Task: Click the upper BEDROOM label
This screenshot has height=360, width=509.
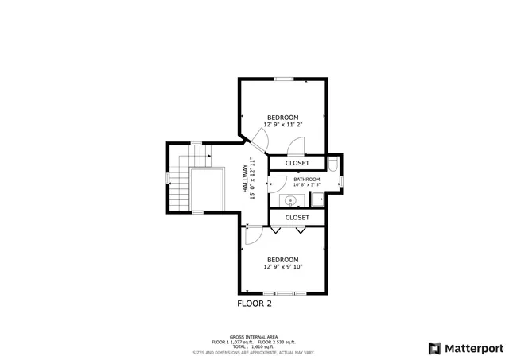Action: pyautogui.click(x=282, y=118)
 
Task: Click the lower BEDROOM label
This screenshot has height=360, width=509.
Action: pyautogui.click(x=282, y=260)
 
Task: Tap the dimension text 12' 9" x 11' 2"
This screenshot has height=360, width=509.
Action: pyautogui.click(x=282, y=125)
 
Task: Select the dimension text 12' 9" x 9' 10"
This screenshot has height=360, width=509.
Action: pyautogui.click(x=282, y=267)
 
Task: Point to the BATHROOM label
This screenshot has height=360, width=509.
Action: pyautogui.click(x=306, y=180)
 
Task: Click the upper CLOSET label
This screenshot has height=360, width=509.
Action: pyautogui.click(x=297, y=163)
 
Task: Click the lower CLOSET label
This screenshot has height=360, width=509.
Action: pyautogui.click(x=297, y=217)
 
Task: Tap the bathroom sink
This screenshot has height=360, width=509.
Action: pyautogui.click(x=290, y=200)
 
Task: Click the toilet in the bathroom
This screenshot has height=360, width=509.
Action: pyautogui.click(x=335, y=164)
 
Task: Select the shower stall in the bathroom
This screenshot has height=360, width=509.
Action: pyautogui.click(x=317, y=199)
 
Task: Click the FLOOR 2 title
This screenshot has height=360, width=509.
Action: pyautogui.click(x=254, y=304)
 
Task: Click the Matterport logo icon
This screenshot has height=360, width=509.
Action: pyautogui.click(x=434, y=348)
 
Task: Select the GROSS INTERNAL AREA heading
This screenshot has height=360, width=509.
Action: pyautogui.click(x=254, y=336)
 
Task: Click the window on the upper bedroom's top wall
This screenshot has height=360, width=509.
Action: pyautogui.click(x=283, y=79)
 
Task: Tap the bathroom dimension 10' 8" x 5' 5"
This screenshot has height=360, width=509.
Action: pyautogui.click(x=306, y=186)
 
